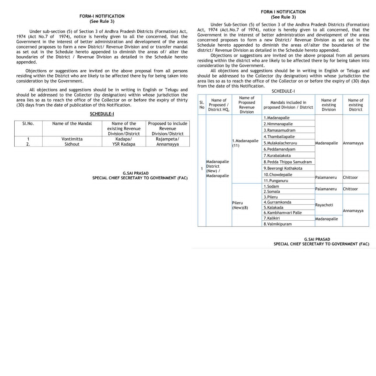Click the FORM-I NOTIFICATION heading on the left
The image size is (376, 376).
pos(102,16)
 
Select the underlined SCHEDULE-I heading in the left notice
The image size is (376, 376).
pos(102,114)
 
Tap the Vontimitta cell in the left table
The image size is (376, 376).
pos(72,139)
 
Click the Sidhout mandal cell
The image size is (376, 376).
pos(72,144)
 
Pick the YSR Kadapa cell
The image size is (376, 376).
pos(124,144)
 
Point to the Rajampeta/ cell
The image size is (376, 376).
pos(167,139)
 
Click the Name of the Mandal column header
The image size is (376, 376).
pos(72,124)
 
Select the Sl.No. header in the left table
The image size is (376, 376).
pos(28,124)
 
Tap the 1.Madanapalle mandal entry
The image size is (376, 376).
pos(277,118)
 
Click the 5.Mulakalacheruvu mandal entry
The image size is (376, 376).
pos(280,143)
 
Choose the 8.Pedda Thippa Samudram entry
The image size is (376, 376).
pos(287,162)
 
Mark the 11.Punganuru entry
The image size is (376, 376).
pos(276,181)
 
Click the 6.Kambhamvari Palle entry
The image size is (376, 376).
pos(282,213)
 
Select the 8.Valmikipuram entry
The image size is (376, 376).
pos(277,224)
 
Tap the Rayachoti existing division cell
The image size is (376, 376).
pos(324,205)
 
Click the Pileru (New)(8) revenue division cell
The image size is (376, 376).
pos(240,205)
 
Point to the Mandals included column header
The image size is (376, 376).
pos(288,105)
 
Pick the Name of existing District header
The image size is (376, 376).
pos(355,105)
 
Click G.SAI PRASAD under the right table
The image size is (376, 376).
pos(317,239)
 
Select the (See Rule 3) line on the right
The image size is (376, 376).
pos(283,17)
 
